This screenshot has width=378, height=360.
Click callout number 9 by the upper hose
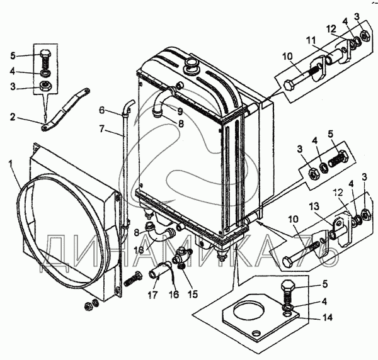pos(180,111)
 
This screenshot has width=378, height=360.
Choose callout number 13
pos(314,206)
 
